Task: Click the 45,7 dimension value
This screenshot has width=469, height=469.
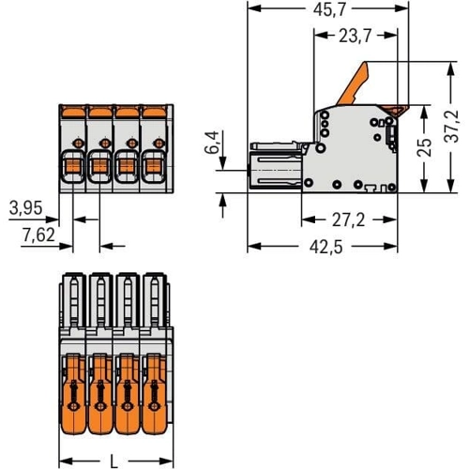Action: pyautogui.click(x=329, y=9)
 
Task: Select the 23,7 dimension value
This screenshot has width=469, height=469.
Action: pyautogui.click(x=356, y=36)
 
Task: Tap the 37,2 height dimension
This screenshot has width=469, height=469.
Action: pyautogui.click(x=452, y=127)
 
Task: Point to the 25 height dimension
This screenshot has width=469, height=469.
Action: pyautogui.click(x=424, y=147)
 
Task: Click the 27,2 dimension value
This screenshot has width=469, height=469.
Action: pyautogui.click(x=348, y=220)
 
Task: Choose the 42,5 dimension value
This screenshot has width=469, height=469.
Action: pyautogui.click(x=326, y=247)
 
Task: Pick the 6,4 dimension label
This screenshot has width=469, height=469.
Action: pyautogui.click(x=213, y=142)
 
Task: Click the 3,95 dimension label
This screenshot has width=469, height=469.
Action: pyautogui.click(x=25, y=208)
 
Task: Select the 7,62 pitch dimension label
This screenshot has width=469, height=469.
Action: pyautogui.click(x=38, y=234)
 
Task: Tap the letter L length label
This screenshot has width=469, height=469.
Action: pyautogui.click(x=114, y=461)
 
